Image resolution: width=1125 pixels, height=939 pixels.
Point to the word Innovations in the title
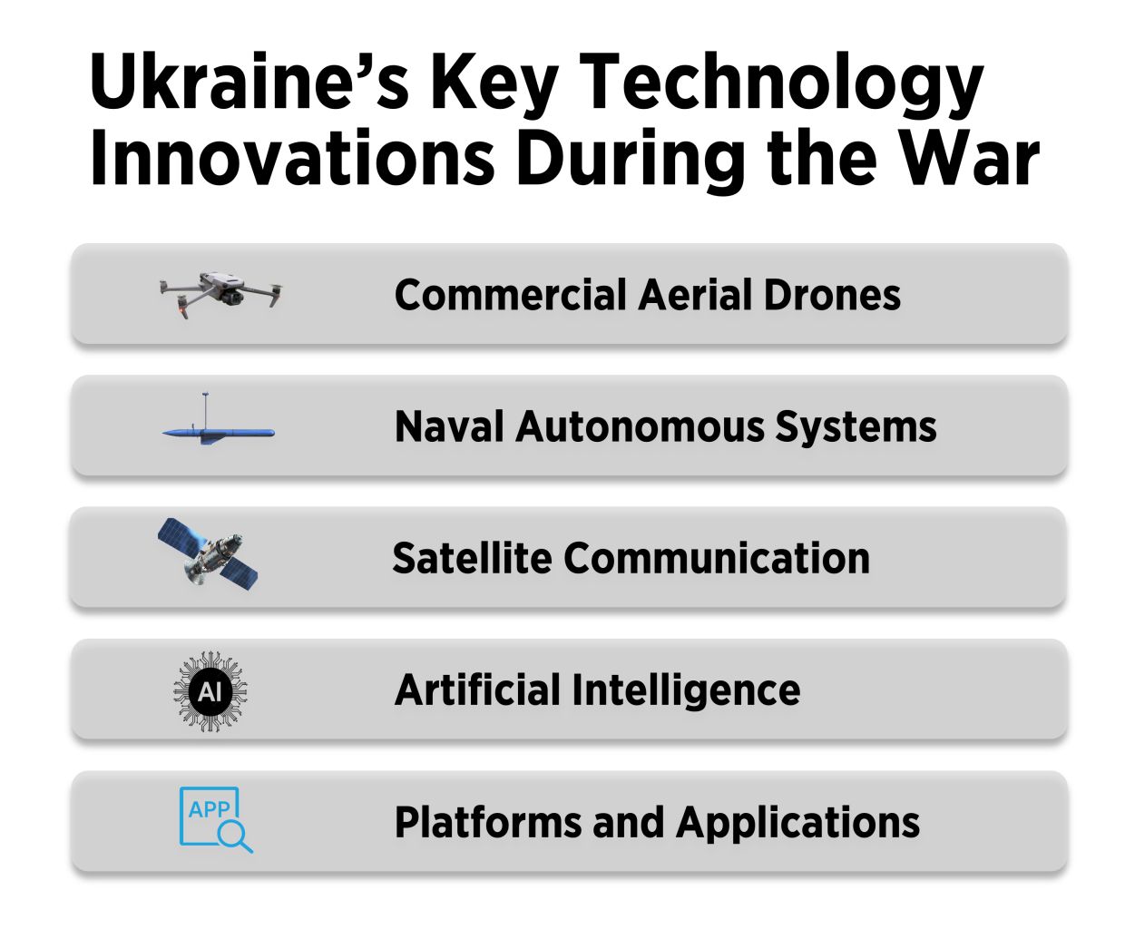291,158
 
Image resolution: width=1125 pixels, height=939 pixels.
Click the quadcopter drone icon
220,292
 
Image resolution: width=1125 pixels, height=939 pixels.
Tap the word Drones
832,295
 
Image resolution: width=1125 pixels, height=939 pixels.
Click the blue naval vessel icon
219,431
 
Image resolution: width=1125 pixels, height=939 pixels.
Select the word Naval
448,426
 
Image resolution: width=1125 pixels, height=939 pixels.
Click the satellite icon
208,553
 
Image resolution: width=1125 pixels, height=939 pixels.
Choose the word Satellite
471,558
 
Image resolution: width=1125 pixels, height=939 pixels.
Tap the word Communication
716,558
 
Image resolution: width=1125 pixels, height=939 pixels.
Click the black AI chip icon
210,691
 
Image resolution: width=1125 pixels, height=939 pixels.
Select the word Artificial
477,690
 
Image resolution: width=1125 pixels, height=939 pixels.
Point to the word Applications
797,823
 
